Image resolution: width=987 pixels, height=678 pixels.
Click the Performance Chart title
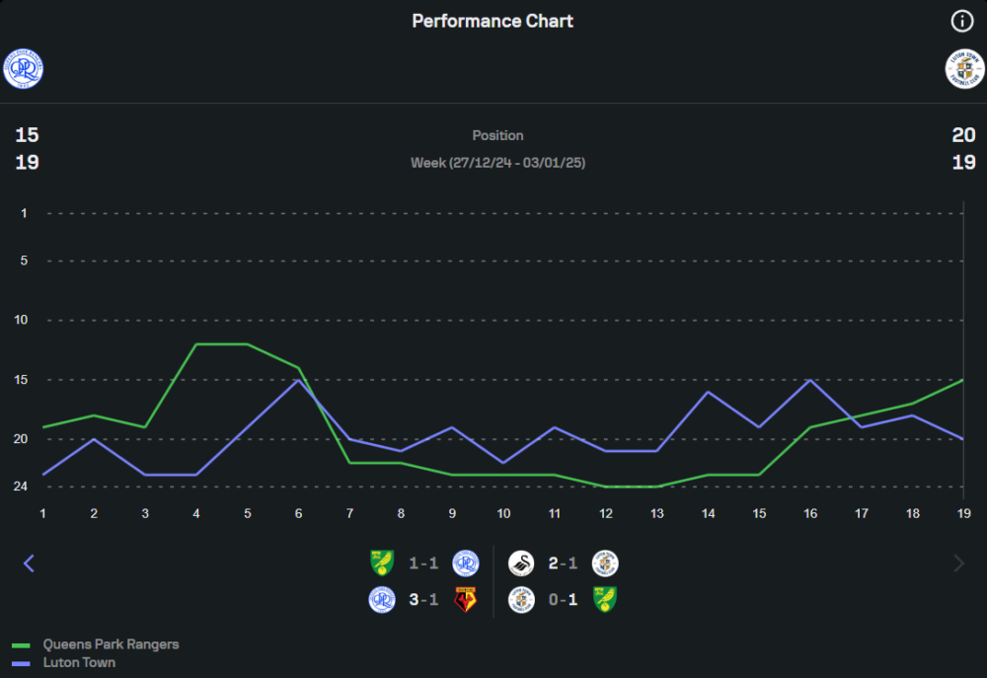(x=493, y=21)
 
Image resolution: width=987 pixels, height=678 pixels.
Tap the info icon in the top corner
(x=961, y=21)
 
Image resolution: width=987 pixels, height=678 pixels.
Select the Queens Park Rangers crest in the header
(x=23, y=68)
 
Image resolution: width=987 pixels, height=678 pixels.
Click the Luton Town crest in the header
(x=964, y=68)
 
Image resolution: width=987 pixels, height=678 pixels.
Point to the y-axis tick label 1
(x=23, y=213)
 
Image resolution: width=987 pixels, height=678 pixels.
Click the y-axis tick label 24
(x=21, y=487)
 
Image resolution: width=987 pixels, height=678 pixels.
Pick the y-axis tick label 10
(x=21, y=320)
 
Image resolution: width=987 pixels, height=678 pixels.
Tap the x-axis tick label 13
(x=657, y=513)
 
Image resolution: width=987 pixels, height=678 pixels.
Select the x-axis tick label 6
(x=299, y=513)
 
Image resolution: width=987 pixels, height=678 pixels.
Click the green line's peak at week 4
(x=196, y=344)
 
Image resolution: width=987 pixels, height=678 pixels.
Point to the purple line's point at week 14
(x=709, y=392)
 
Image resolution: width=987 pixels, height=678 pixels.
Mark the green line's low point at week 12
(x=606, y=487)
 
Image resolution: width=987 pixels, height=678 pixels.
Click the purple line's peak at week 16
(x=810, y=380)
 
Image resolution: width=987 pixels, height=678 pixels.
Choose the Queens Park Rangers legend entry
(x=111, y=644)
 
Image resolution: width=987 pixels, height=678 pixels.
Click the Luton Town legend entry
(x=79, y=662)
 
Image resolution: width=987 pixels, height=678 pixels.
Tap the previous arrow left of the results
(x=29, y=564)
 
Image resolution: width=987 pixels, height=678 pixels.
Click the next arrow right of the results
(x=958, y=564)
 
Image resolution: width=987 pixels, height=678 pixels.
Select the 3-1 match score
(x=423, y=599)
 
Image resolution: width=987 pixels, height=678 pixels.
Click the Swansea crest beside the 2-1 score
(x=521, y=564)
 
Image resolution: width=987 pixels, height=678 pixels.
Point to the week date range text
(x=497, y=162)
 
